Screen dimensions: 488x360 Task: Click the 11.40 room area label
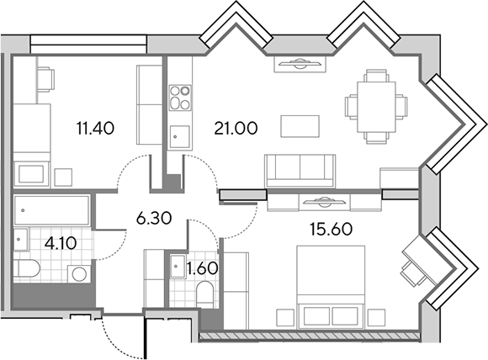tap(95, 128)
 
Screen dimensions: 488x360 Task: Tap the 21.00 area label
tap(236, 128)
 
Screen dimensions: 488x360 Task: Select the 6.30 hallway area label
tap(154, 219)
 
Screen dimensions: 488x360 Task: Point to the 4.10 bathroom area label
tap(61, 243)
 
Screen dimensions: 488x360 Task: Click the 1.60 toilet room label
tap(202, 268)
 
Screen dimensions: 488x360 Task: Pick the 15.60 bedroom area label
tap(332, 230)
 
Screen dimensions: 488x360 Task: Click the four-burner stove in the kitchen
tap(180, 98)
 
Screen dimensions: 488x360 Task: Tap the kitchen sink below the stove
tap(179, 136)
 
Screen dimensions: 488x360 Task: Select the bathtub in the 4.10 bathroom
tap(51, 210)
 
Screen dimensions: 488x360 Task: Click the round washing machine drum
tap(79, 274)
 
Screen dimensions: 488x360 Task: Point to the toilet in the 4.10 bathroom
tap(26, 269)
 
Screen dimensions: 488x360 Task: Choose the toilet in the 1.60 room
tap(204, 294)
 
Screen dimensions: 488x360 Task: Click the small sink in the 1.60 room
tap(178, 266)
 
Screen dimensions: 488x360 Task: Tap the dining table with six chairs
tap(376, 107)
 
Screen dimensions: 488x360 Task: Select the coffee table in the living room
tap(300, 126)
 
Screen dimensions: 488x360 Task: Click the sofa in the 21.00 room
tap(300, 171)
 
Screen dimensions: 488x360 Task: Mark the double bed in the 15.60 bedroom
tap(331, 287)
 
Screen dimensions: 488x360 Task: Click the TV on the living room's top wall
tap(300, 63)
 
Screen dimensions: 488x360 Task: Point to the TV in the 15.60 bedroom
tap(324, 202)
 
